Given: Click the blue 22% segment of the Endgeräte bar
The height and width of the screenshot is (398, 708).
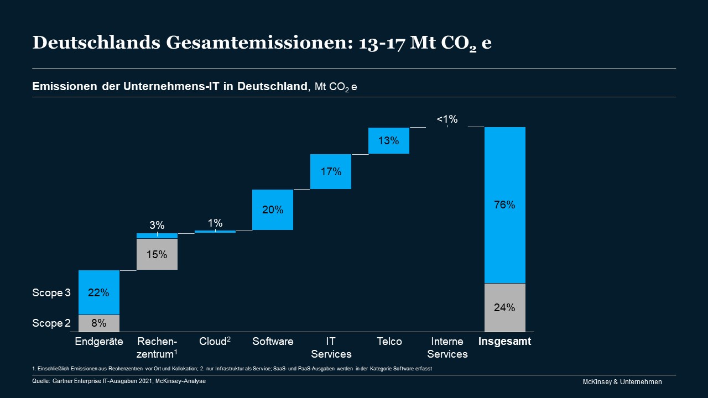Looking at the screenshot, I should coord(99,292).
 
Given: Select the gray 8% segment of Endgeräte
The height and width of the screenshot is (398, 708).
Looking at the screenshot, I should coord(99,323).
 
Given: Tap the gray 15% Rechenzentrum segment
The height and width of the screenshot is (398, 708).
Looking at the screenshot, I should coord(157,254).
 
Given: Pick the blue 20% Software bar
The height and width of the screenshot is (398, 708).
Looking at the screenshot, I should coord(273,210).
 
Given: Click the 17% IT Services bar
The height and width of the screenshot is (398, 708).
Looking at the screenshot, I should coord(331,171).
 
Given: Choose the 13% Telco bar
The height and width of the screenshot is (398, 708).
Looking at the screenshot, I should coord(389,140).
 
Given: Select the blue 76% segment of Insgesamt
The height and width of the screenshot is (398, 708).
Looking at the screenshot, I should coord(504,205).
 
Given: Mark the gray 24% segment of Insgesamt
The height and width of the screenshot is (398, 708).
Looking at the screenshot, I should coord(504,307).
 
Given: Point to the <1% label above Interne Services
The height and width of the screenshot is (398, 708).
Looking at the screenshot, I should coord(447,119).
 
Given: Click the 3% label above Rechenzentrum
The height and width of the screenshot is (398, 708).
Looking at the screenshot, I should coord(157,225).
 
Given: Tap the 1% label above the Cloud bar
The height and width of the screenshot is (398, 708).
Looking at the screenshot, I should coord(215,223).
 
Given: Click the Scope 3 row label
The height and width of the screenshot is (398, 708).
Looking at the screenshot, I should coord(51,293).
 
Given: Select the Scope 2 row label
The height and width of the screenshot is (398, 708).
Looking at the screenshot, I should coord(51,323).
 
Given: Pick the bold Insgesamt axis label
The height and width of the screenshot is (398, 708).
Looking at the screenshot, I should coord(504,341).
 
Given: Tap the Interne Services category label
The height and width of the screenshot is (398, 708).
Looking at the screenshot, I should coord(447,348).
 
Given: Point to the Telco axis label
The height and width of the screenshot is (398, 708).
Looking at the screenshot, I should coord(389,341).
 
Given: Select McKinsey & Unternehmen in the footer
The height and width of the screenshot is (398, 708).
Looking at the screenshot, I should coord(622,382).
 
